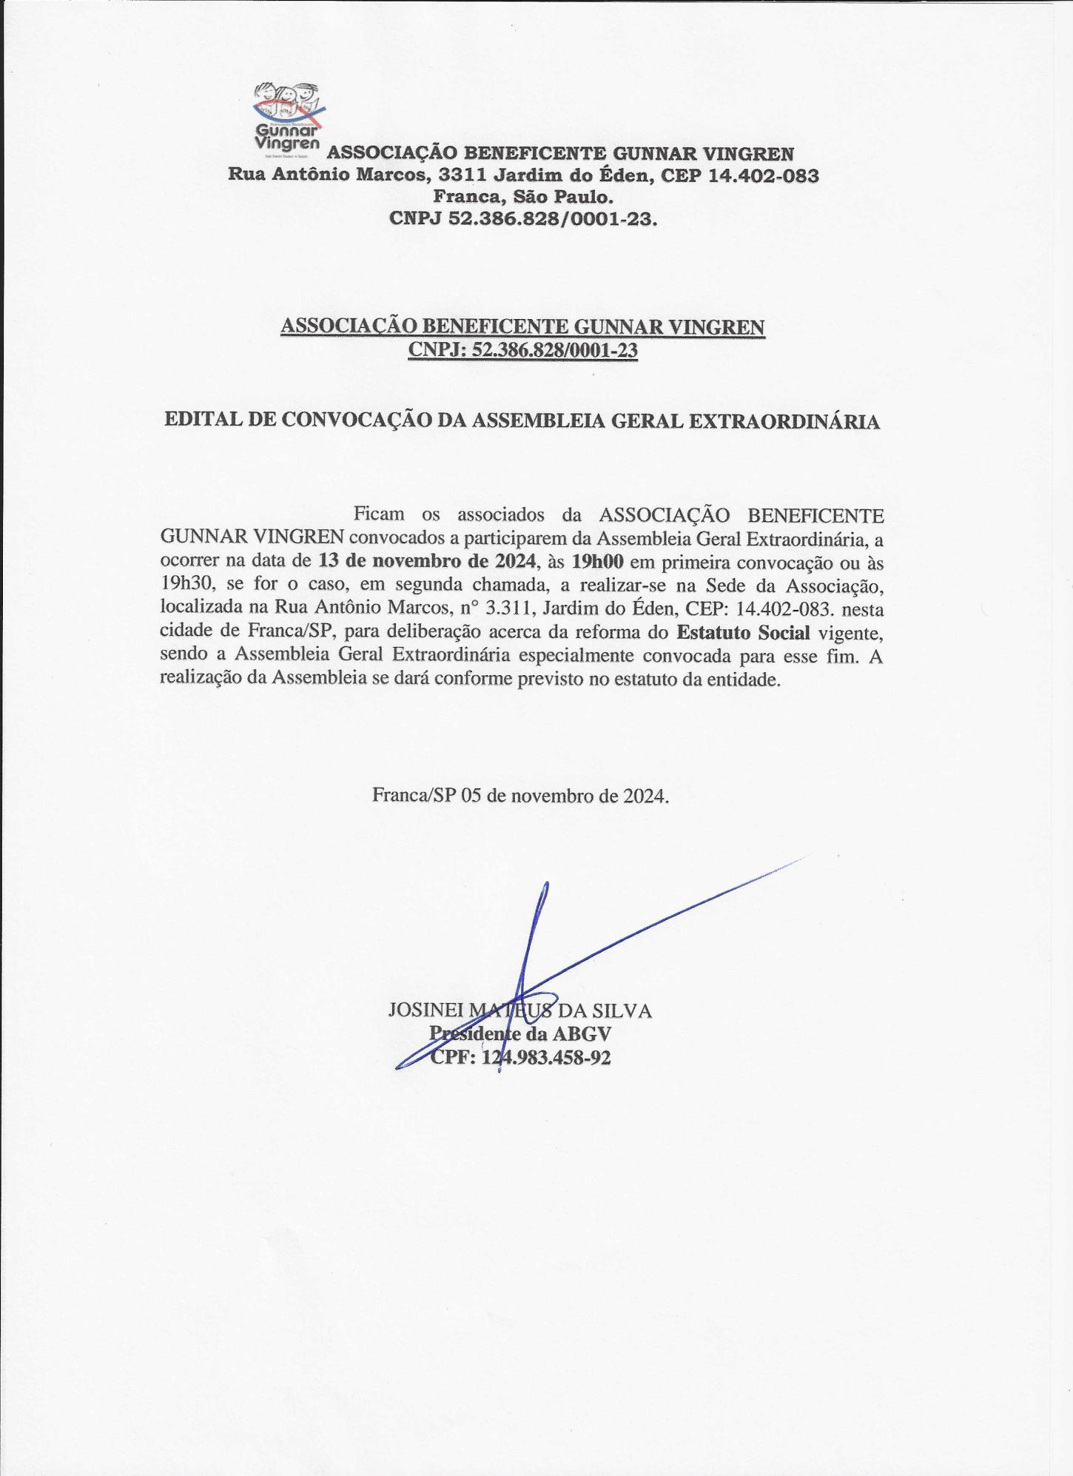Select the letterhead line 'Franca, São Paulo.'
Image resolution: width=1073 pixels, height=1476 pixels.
[523, 198]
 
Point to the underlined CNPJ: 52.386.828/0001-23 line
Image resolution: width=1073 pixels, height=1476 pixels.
[522, 349]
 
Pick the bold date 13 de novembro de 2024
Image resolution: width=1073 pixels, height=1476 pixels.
[427, 560]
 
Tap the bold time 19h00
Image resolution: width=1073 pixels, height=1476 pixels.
[597, 560]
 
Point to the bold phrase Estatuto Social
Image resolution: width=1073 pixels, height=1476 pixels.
[743, 632]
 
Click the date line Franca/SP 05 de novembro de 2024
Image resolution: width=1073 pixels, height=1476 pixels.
[521, 796]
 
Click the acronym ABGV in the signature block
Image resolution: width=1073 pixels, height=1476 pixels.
[582, 1034]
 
